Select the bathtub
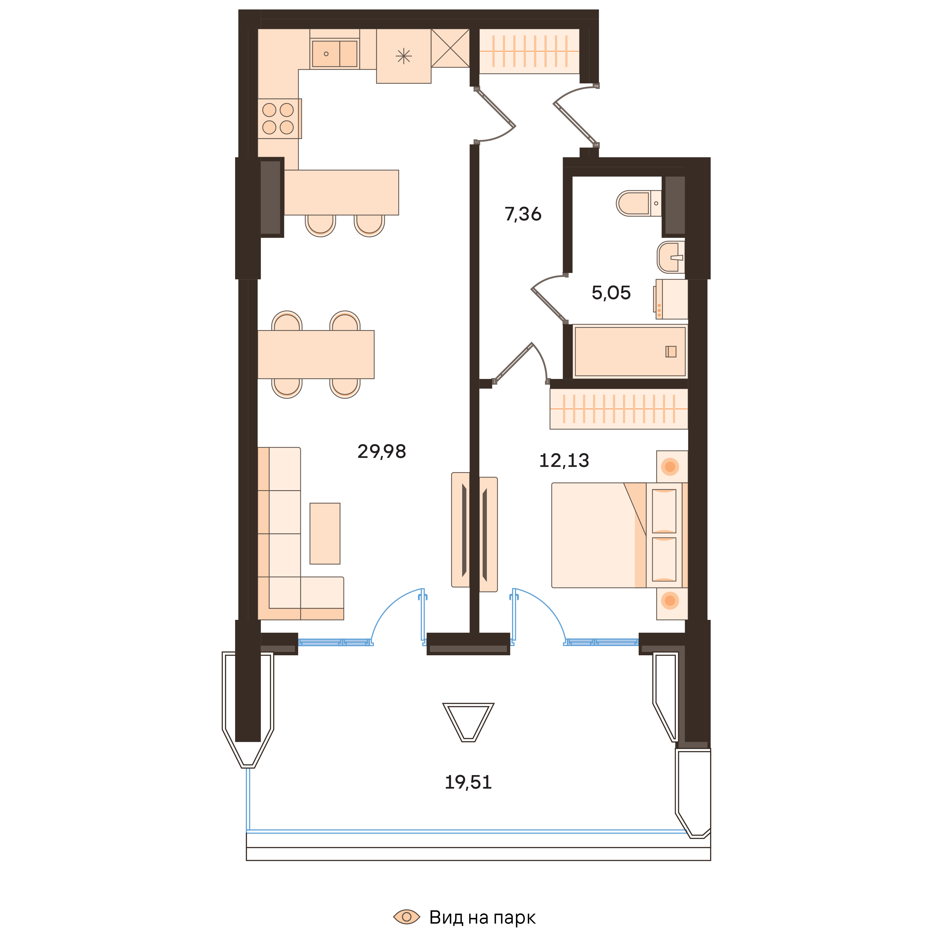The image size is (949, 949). (x=630, y=351)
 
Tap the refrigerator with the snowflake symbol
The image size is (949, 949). (x=403, y=56)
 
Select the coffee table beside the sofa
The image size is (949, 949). (x=325, y=533)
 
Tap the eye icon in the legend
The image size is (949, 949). (x=407, y=916)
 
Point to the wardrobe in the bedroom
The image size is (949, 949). (x=619, y=409)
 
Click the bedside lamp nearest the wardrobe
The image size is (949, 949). (x=670, y=466)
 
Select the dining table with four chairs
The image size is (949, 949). (x=316, y=354)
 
